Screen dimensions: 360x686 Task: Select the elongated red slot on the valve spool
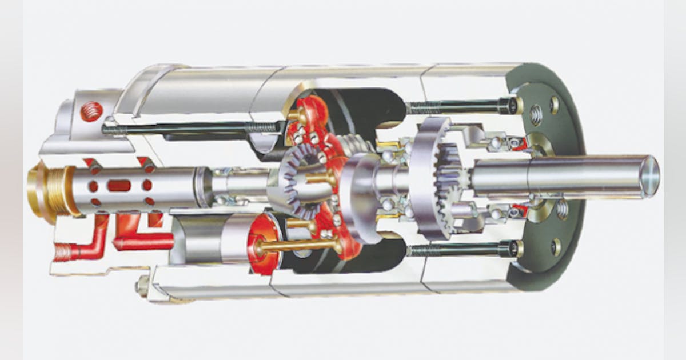click(119, 186)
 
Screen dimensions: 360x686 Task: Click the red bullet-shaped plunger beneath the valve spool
click(143, 242)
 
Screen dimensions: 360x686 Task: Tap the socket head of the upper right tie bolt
click(510, 105)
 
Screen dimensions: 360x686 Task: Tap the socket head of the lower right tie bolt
click(511, 249)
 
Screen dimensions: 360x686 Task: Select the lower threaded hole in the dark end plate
click(563, 210)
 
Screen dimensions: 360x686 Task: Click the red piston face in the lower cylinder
click(264, 243)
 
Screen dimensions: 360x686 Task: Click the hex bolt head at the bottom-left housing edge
click(142, 285)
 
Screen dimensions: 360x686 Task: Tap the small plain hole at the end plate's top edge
click(554, 105)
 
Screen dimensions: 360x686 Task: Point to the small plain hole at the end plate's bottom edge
click(555, 247)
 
